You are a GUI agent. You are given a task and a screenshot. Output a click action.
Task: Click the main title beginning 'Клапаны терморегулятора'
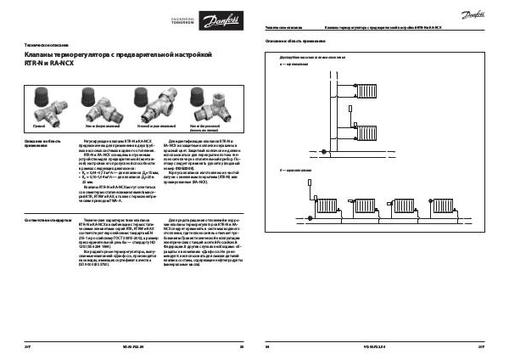click(x=115, y=55)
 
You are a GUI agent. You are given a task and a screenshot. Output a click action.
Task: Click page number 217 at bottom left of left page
click(x=25, y=347)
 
